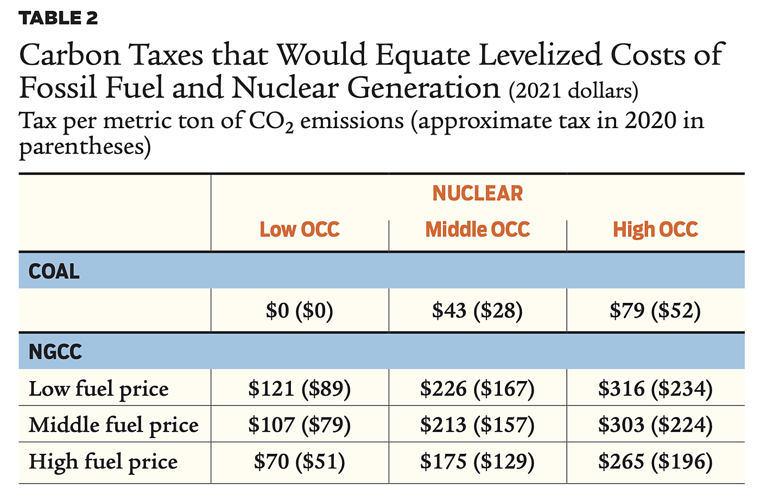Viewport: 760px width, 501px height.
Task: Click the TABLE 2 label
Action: (x=58, y=18)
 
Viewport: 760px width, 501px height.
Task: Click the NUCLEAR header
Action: (x=477, y=194)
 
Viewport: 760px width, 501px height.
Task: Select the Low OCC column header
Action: (x=299, y=230)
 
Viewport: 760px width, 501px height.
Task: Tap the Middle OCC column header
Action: (x=477, y=230)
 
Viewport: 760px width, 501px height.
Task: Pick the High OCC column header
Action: (x=655, y=230)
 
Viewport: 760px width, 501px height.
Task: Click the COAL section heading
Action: (x=54, y=271)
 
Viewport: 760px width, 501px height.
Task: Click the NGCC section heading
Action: (x=55, y=352)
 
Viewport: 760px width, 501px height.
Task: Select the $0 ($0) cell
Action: (x=299, y=310)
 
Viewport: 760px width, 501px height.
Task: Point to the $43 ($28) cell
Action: (x=477, y=310)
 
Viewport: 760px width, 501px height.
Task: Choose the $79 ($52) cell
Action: (x=655, y=310)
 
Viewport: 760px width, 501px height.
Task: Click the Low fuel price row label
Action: (x=98, y=389)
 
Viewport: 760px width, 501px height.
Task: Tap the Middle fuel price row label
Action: (x=113, y=425)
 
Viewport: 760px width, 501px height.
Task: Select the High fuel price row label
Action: (x=103, y=462)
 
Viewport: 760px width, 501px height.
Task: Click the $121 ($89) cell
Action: (x=299, y=389)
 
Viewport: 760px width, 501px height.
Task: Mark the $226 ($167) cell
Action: (x=477, y=389)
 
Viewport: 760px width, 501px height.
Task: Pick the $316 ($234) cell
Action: (x=655, y=389)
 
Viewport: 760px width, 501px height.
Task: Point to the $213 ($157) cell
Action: (x=477, y=425)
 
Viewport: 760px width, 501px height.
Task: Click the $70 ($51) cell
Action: (x=299, y=462)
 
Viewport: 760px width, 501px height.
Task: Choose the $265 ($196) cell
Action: (x=655, y=462)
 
